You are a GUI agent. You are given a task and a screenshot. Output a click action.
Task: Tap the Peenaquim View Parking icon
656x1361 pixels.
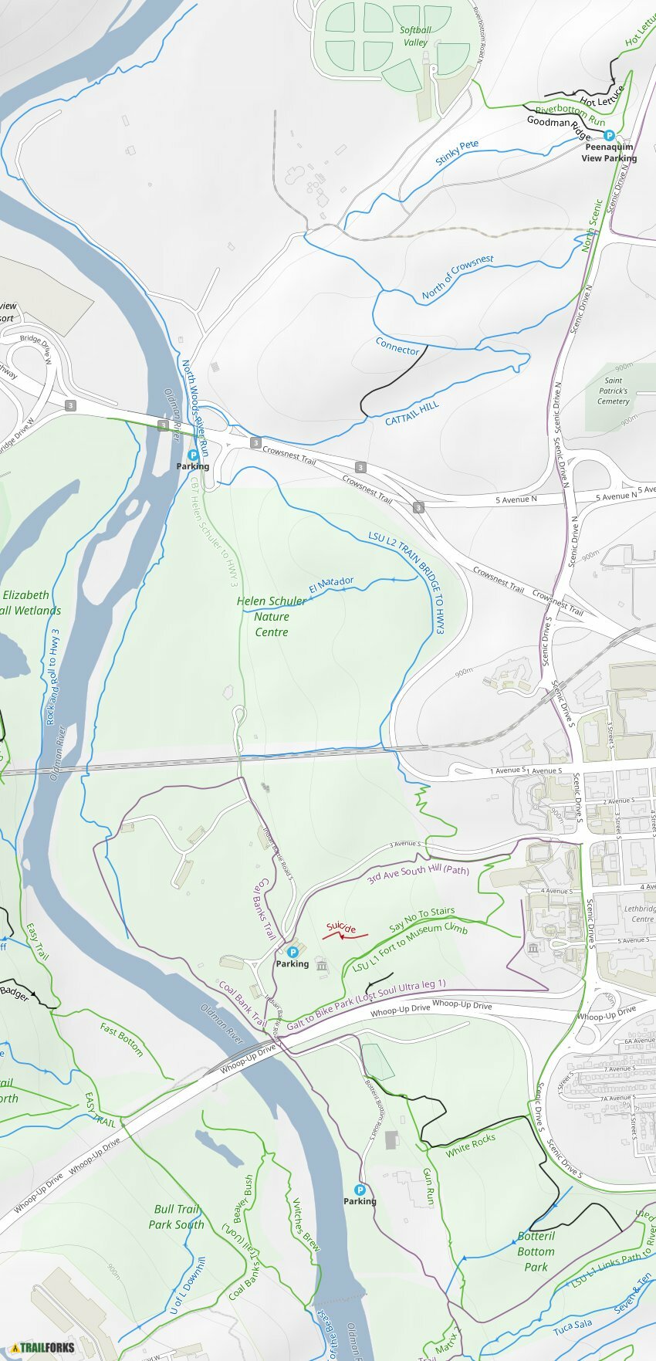pyautogui.click(x=609, y=135)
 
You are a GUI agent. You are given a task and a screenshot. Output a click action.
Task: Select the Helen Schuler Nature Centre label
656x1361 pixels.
pyautogui.click(x=271, y=616)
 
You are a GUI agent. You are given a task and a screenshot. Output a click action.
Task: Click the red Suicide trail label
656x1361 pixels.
pyautogui.click(x=340, y=928)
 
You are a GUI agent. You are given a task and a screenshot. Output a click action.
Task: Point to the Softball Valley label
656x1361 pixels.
pyautogui.click(x=415, y=36)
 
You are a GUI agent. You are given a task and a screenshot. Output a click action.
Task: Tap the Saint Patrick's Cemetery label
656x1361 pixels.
pyautogui.click(x=614, y=391)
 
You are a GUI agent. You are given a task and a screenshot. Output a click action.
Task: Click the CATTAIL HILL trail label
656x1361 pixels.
pyautogui.click(x=412, y=413)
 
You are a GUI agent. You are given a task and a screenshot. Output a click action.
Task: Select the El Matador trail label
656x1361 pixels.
pyautogui.click(x=331, y=585)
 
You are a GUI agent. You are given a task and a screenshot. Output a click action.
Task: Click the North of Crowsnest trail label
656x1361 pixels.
pyautogui.click(x=458, y=277)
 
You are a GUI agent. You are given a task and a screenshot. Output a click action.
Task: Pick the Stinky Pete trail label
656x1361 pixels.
pyautogui.click(x=457, y=153)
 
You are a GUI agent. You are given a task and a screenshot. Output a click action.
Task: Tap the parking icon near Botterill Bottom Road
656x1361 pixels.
pyautogui.click(x=360, y=1190)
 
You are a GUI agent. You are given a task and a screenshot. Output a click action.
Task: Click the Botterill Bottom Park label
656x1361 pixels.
pyautogui.click(x=536, y=1251)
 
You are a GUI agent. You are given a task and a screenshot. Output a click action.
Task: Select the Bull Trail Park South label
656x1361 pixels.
pyautogui.click(x=176, y=1217)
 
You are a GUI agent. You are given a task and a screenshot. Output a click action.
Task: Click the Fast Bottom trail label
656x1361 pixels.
pyautogui.click(x=122, y=1039)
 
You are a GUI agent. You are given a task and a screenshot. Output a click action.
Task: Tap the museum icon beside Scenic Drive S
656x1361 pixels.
pyautogui.click(x=533, y=948)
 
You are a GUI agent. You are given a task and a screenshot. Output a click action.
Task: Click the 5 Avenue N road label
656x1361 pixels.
pyautogui.click(x=516, y=500)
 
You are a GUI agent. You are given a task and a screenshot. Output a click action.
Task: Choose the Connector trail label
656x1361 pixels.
pyautogui.click(x=397, y=346)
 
